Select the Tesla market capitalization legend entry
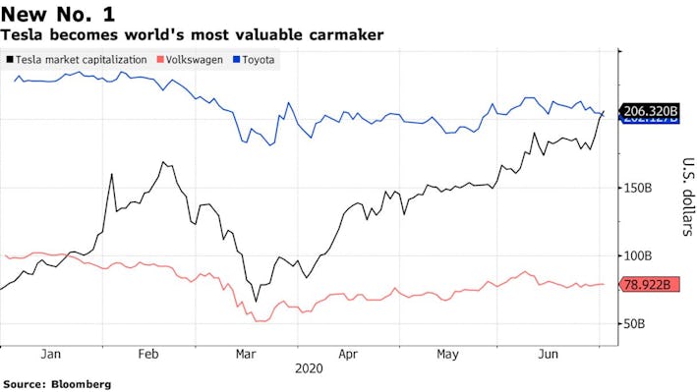pos(81,60)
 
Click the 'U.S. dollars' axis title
pos(685,197)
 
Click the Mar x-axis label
pos(246,355)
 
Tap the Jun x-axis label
pos(549,355)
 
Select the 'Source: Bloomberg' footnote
pos(57,384)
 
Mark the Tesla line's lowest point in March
pos(257,301)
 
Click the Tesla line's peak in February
pos(163,162)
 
